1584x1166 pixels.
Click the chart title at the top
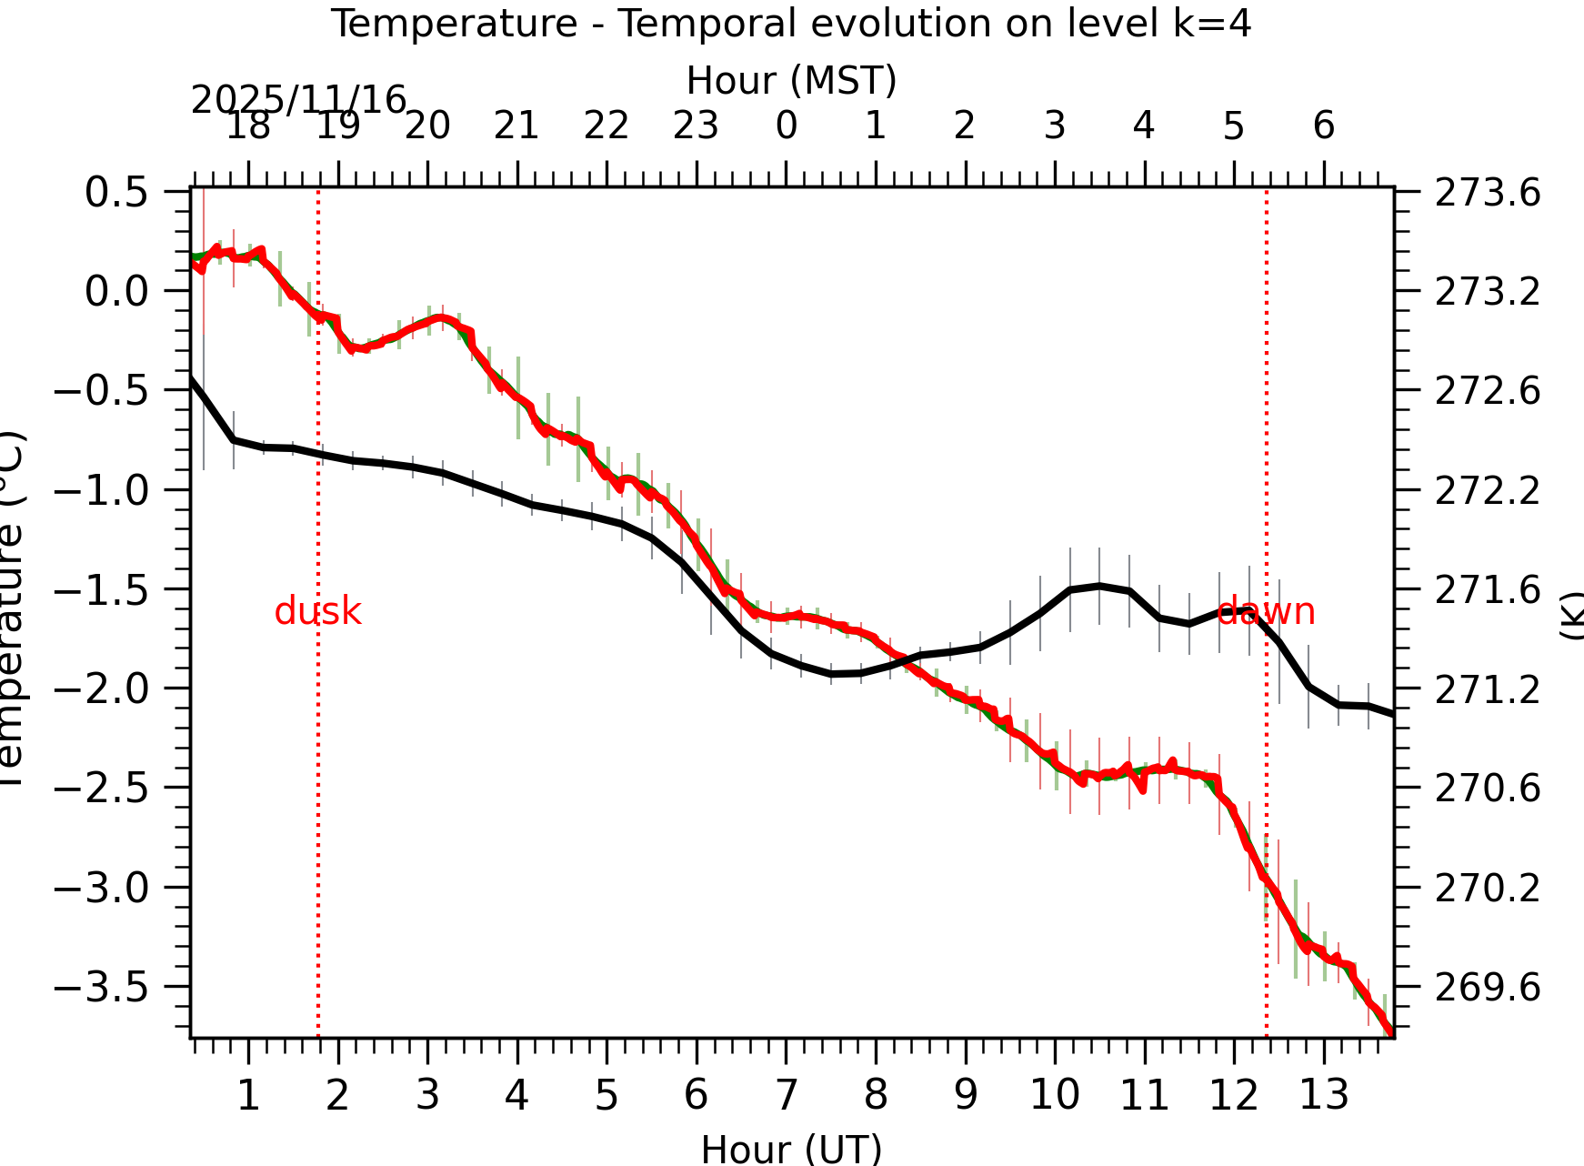click(x=790, y=24)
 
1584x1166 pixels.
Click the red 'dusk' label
click(x=317, y=611)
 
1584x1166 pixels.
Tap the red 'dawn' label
click(x=1266, y=611)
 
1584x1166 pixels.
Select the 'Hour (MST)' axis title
click(x=791, y=81)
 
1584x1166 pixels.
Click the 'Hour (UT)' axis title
click(x=791, y=1148)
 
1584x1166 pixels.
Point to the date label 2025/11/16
click(x=298, y=100)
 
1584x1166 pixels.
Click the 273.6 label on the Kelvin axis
click(x=1488, y=193)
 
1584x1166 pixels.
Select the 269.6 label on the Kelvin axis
click(x=1488, y=986)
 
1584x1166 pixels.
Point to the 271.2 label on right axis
click(x=1488, y=689)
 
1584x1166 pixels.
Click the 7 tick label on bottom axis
click(x=786, y=1094)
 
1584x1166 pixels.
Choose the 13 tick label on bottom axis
click(x=1323, y=1094)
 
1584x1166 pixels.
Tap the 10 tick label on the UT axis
click(x=1055, y=1094)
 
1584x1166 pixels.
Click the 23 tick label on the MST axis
click(x=696, y=126)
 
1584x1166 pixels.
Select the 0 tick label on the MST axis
click(x=786, y=126)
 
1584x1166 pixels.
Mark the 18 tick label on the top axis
click(x=247, y=126)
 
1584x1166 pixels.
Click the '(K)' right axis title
click(x=1571, y=615)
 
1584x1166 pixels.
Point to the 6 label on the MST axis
click(x=1323, y=126)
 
